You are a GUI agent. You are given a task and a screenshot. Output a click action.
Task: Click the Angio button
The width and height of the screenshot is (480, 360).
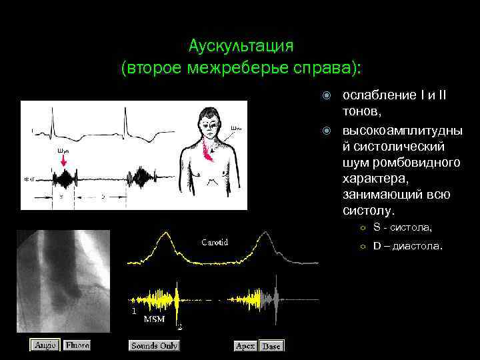[45, 345]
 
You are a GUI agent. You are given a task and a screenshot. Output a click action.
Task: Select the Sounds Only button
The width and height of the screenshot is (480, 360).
[154, 345]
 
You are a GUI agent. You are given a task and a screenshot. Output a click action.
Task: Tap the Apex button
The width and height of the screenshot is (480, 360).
[246, 346]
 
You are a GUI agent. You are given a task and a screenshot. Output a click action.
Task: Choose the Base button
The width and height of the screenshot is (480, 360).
[271, 346]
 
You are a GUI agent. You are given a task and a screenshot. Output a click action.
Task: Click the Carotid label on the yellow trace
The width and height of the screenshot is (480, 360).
[215, 242]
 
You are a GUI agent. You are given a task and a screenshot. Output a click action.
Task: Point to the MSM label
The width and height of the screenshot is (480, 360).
[154, 319]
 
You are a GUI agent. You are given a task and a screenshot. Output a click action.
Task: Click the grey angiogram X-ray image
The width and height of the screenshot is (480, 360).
[63, 280]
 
